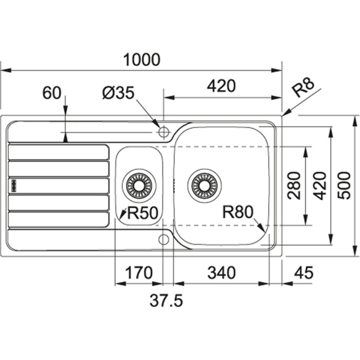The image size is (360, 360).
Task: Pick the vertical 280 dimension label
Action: click(x=293, y=186)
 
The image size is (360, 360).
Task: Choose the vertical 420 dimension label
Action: click(x=320, y=186)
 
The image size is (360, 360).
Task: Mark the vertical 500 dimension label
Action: click(x=345, y=186)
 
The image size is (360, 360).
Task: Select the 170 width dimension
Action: click(x=138, y=273)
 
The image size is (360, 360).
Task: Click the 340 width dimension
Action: click(x=220, y=273)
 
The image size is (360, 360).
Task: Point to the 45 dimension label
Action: click(x=303, y=273)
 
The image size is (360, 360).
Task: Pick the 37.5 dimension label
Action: click(x=166, y=301)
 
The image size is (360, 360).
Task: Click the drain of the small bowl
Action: click(x=138, y=184)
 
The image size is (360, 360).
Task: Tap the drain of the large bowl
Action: click(x=205, y=184)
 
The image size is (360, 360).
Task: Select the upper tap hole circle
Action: click(x=164, y=132)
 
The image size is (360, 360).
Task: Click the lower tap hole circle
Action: click(x=164, y=240)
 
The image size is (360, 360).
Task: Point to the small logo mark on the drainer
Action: click(x=13, y=185)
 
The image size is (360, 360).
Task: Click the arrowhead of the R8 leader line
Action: click(x=285, y=114)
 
